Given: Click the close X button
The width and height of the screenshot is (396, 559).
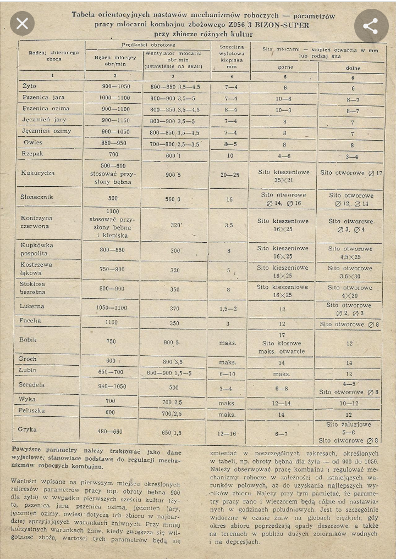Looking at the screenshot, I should [22, 24].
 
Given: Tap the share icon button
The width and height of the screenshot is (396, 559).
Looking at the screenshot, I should [370, 26].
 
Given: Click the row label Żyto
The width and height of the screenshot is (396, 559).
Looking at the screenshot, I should [30, 86].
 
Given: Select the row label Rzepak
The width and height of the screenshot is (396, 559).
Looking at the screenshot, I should [32, 154].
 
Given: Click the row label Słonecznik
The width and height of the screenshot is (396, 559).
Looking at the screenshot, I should [38, 197].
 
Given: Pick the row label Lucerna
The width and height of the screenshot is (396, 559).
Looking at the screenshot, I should [32, 306].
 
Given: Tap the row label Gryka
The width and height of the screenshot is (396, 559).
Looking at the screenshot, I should [29, 429].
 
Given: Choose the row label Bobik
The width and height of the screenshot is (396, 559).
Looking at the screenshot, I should [29, 339].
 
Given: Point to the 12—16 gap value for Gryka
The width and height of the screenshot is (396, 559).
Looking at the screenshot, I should [227, 433].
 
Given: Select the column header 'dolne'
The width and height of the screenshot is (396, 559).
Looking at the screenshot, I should [353, 68].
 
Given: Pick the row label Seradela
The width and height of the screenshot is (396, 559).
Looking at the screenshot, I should [32, 384].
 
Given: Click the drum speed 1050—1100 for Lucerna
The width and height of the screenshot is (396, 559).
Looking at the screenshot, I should [111, 308].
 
